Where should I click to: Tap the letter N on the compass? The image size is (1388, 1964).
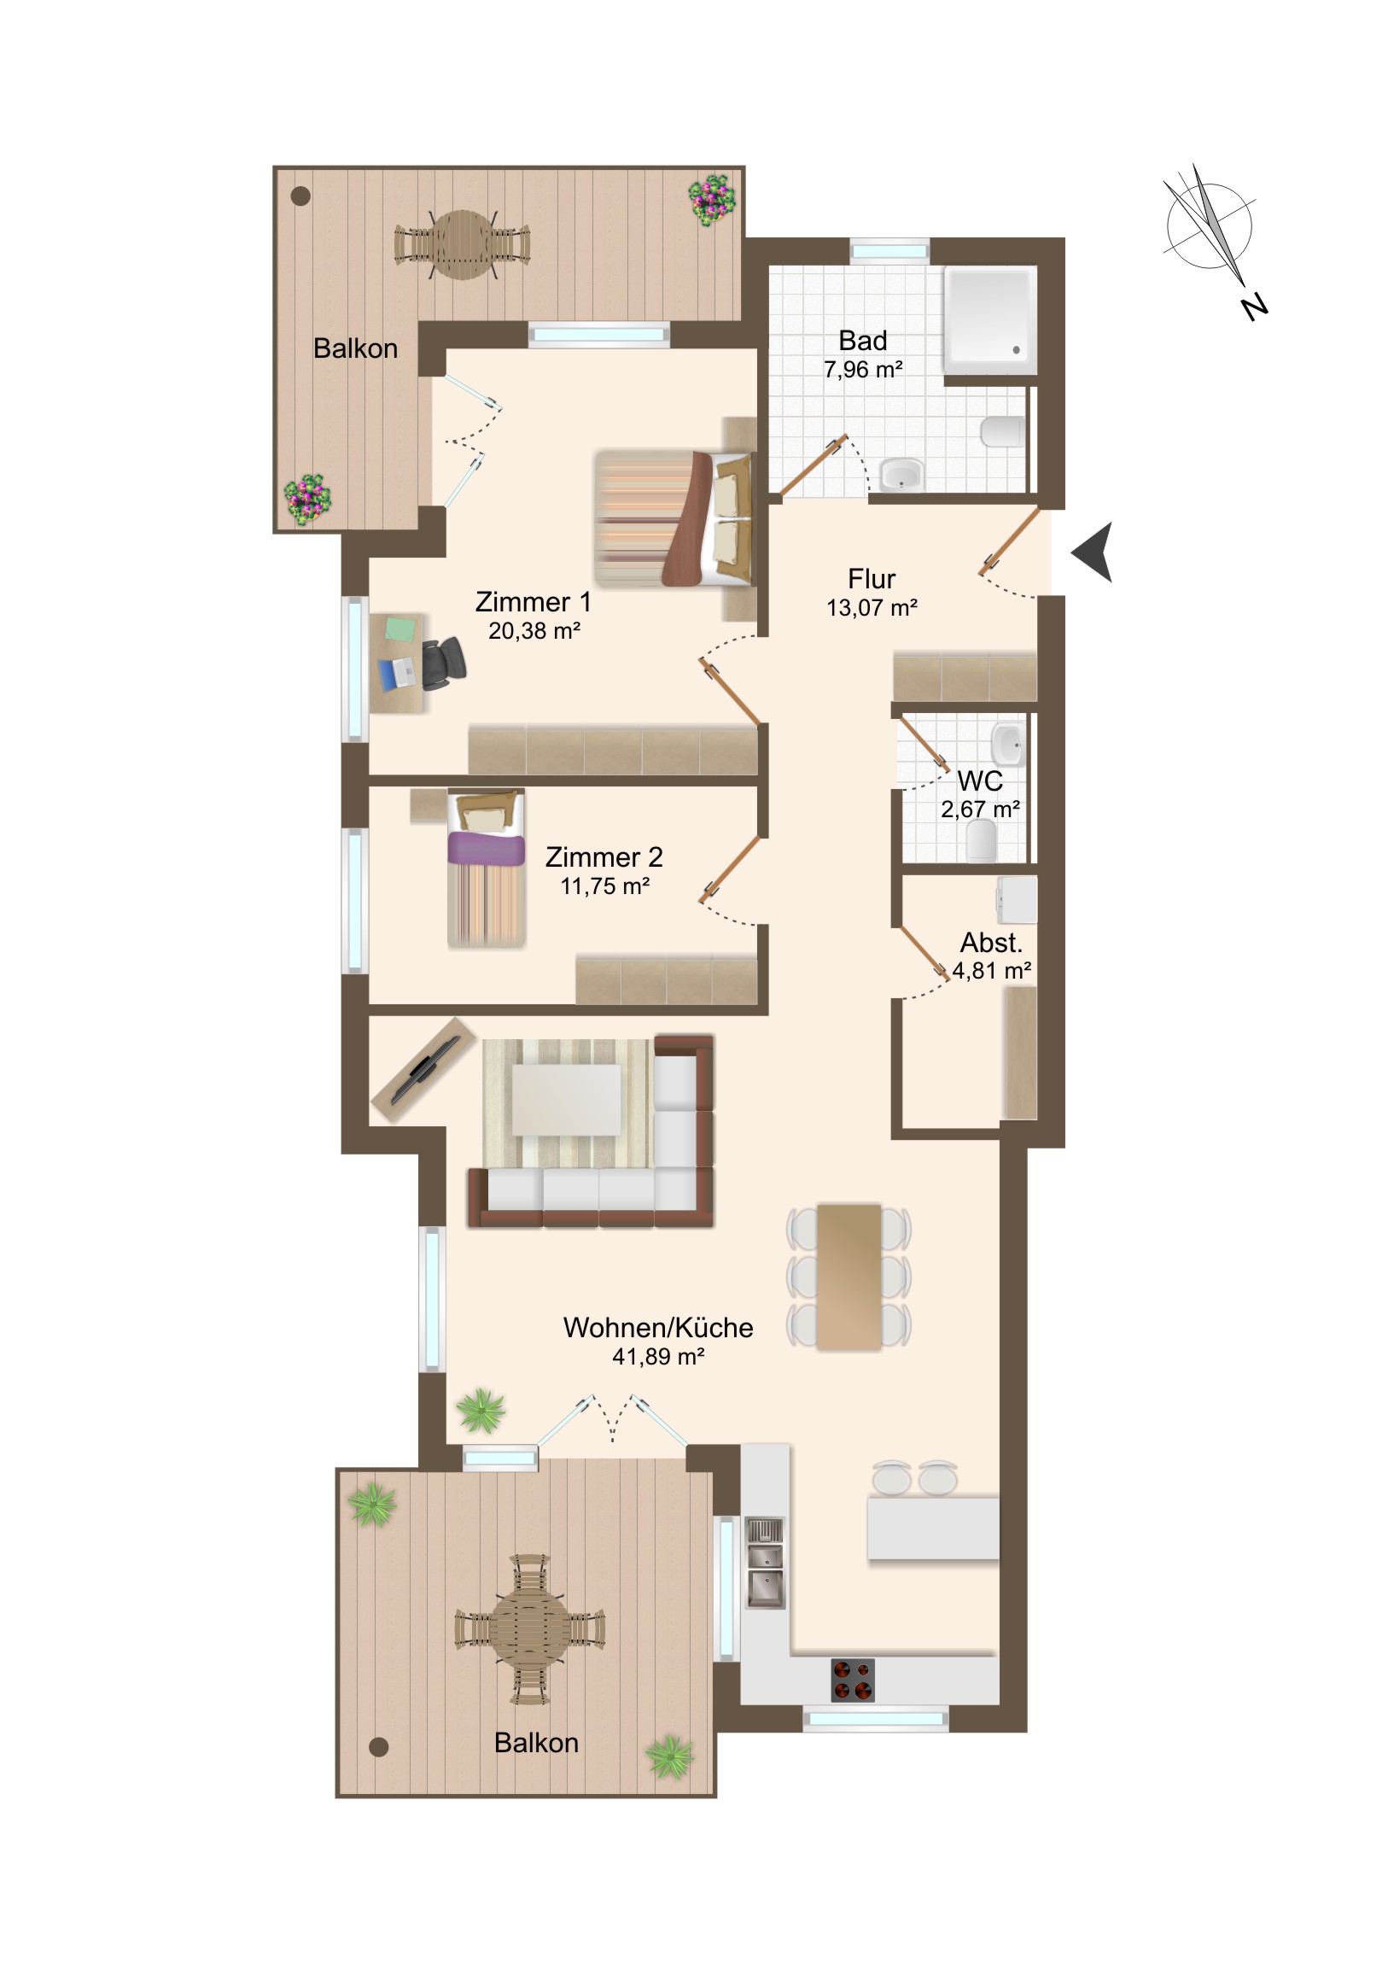coord(1254,307)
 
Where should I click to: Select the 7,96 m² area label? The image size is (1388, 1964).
coord(863,370)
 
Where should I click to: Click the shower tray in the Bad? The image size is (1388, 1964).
coord(989,319)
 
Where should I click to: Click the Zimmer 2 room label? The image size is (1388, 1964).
coord(604,857)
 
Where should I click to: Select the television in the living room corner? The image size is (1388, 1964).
coord(424,1069)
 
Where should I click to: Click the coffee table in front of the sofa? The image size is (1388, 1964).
coord(567,1100)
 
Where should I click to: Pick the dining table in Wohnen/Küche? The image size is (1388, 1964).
coord(849,1277)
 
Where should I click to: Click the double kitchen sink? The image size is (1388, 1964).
coord(765,1564)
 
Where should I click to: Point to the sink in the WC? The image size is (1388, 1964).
coord(1007,745)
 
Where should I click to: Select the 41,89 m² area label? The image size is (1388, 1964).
coord(657,1357)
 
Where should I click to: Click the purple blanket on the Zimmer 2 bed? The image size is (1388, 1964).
coord(486,848)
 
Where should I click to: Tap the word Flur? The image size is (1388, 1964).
coord(872,579)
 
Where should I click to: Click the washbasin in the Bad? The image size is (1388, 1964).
coord(902,475)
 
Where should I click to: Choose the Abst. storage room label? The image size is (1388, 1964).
coord(991,943)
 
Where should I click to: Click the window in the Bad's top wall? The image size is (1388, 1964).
coord(889,251)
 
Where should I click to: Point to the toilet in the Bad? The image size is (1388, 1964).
coord(1002,432)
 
